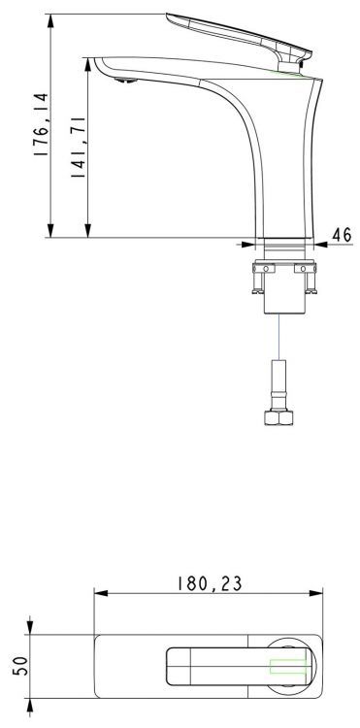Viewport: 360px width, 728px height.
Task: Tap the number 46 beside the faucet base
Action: [x=342, y=235]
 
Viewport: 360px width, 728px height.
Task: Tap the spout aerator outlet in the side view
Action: [x=122, y=84]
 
